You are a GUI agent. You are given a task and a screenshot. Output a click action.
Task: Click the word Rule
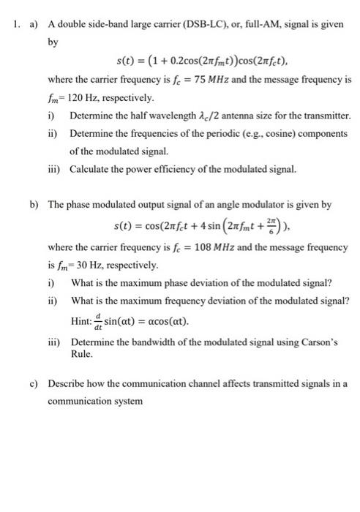click(82, 355)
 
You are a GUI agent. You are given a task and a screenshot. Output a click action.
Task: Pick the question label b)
click(34, 206)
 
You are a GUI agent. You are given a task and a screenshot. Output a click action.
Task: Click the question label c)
click(34, 383)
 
